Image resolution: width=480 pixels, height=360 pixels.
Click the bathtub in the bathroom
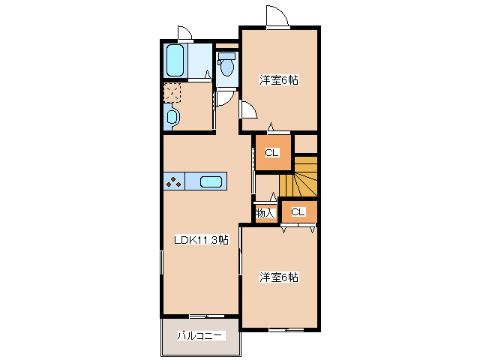[x=175, y=61]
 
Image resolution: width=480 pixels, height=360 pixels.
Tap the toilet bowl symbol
[x=226, y=65]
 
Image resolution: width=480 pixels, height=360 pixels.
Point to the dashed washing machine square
[x=172, y=93]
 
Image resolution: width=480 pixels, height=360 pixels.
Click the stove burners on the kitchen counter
[x=174, y=181]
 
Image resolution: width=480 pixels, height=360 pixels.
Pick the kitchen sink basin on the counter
[x=211, y=181]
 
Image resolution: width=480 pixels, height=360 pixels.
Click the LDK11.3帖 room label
[x=201, y=241]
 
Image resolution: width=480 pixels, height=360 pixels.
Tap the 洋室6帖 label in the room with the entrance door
[x=279, y=80]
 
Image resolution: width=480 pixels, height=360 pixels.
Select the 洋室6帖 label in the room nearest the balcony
[x=279, y=277]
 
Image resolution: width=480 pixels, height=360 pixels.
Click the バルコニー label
[x=200, y=335]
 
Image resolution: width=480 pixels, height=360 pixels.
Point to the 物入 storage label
[x=265, y=214]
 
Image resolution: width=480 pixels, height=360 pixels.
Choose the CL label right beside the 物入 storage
[x=298, y=212]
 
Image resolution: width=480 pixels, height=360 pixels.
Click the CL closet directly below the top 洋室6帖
[x=271, y=153]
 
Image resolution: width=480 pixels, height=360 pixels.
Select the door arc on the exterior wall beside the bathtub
[x=184, y=32]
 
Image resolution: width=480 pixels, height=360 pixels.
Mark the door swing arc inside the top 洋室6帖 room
[x=248, y=109]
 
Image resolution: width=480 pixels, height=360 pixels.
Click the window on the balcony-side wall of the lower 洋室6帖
[x=286, y=330]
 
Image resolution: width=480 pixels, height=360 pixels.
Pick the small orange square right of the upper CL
[x=306, y=143]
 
